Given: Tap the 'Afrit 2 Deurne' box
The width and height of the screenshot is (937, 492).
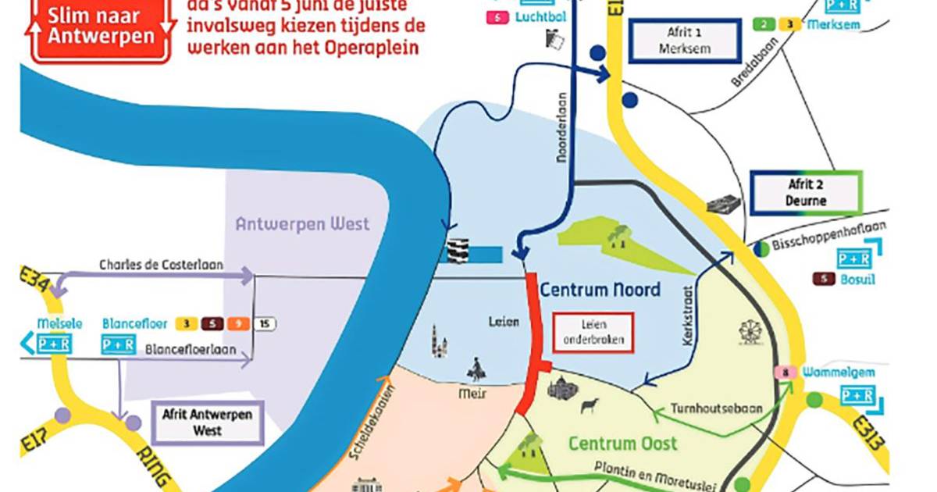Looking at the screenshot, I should [806, 193].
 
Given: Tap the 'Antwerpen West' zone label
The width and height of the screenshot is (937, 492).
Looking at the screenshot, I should [303, 224].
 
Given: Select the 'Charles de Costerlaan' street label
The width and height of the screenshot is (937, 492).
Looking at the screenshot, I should [161, 265].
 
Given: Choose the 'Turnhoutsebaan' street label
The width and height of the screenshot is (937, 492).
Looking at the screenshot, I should [710, 408].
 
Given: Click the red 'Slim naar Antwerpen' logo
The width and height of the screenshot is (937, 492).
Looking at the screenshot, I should [100, 29].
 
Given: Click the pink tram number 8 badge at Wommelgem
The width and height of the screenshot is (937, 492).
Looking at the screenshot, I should [784, 373].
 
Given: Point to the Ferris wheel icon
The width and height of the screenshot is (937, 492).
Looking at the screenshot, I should [747, 331].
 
